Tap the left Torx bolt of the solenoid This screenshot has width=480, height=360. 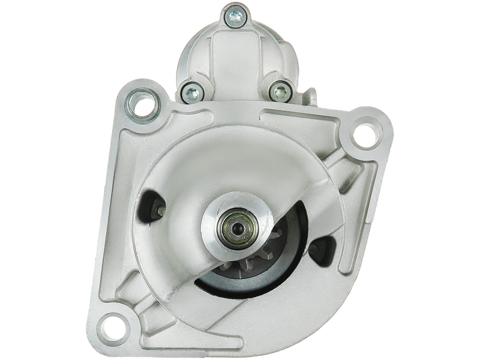190,92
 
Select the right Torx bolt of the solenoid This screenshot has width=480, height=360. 278,91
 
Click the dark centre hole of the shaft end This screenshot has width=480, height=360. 236,227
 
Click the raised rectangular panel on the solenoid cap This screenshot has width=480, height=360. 231,57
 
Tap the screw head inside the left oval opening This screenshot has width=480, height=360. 161,211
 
